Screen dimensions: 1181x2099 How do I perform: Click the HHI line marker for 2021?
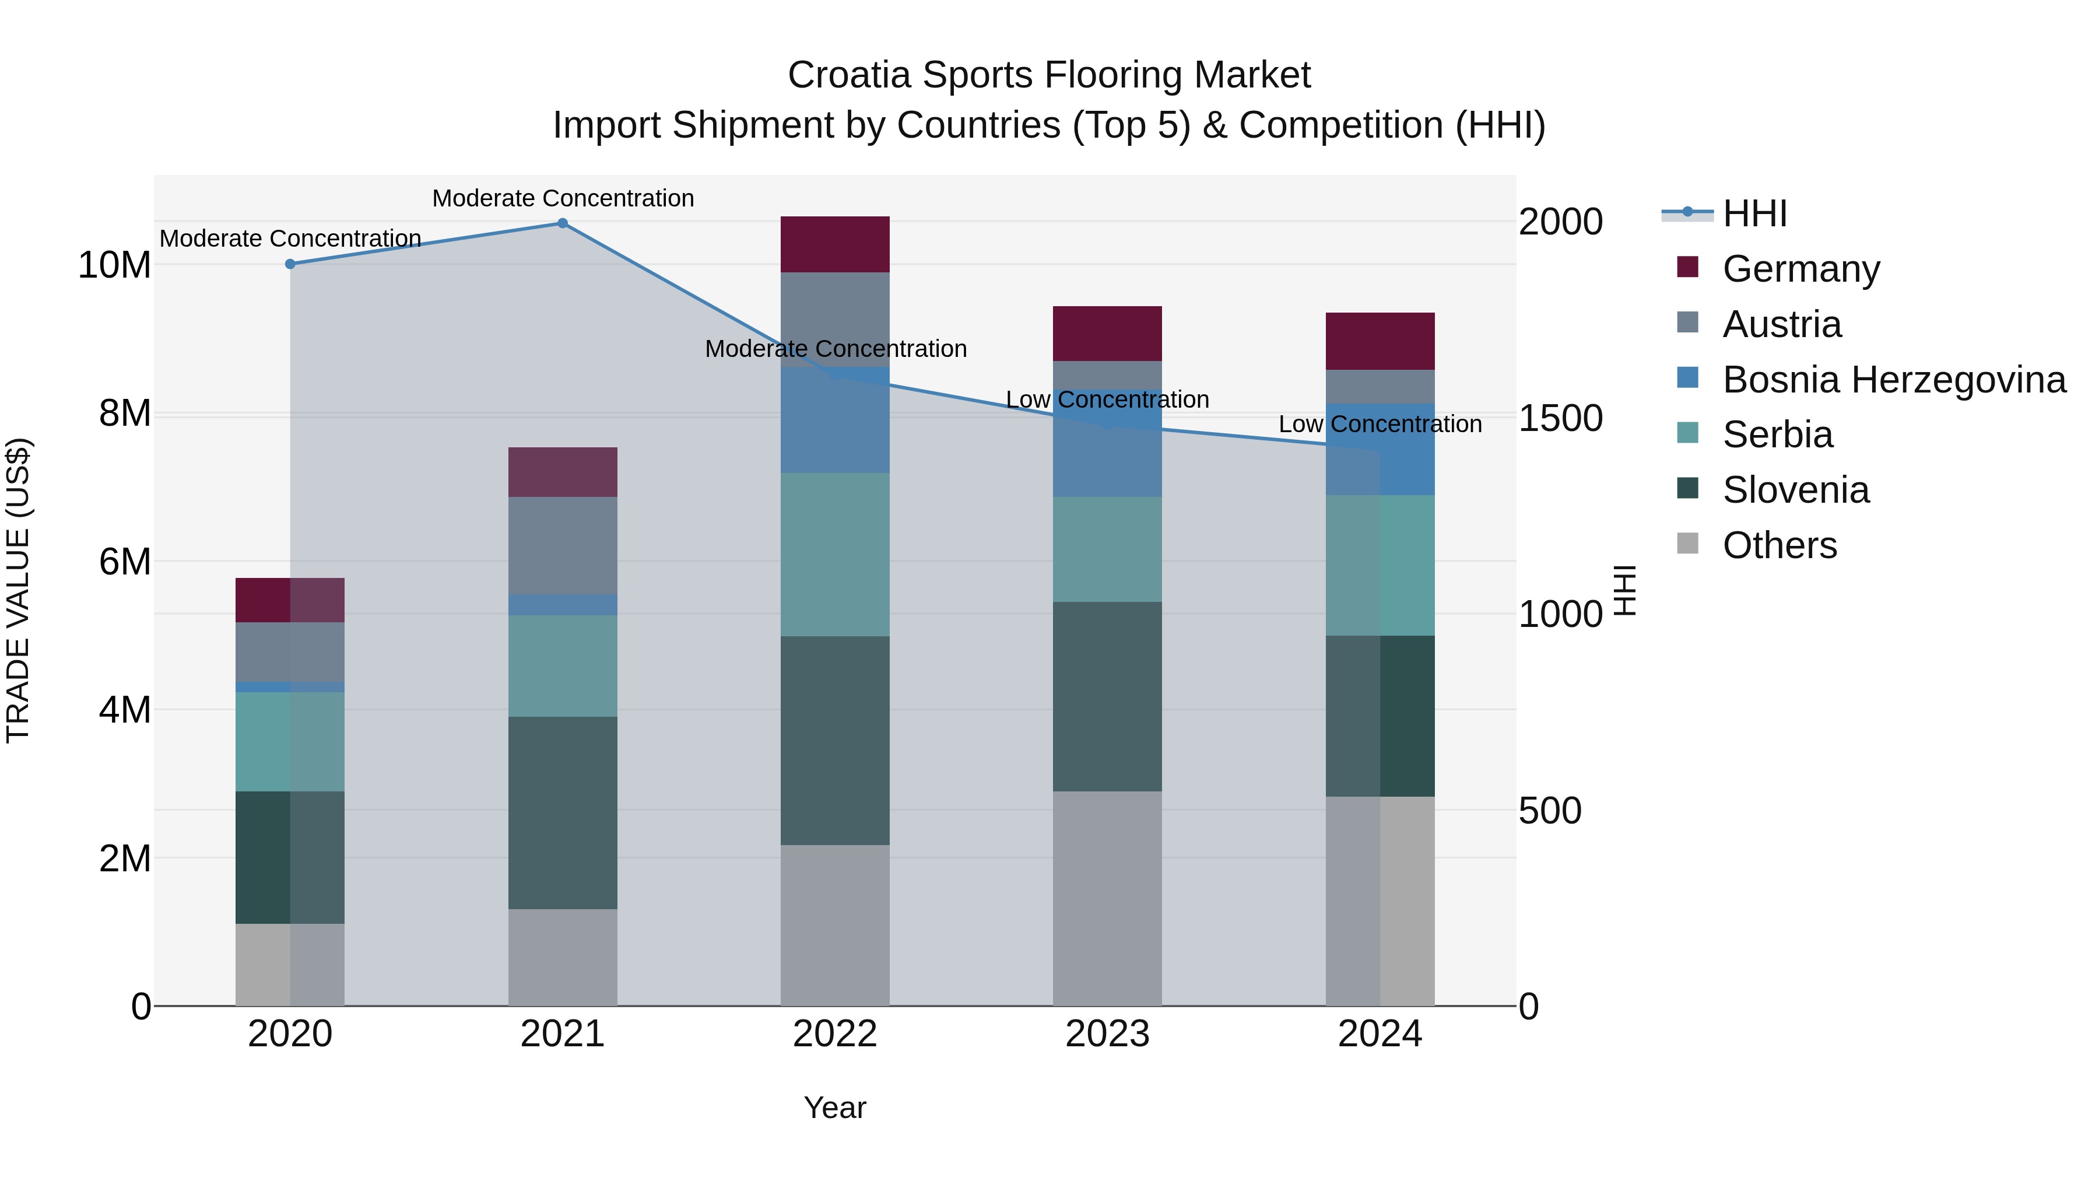coord(562,223)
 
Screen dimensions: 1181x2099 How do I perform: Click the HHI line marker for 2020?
coord(290,264)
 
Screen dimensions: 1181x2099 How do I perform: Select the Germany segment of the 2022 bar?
coord(834,244)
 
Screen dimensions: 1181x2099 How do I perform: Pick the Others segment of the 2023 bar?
coord(1107,898)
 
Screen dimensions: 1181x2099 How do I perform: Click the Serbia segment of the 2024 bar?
coord(1380,565)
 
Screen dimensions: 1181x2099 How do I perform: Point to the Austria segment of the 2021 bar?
coord(562,545)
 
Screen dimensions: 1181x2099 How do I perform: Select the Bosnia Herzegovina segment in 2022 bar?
coord(834,420)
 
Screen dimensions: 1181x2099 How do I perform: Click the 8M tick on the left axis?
coord(125,413)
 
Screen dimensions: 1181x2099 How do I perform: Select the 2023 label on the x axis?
coord(1107,1034)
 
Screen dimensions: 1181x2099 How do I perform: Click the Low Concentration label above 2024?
coord(1380,424)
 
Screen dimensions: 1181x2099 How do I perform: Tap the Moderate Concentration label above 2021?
coord(562,198)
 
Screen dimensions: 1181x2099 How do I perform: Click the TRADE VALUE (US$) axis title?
coord(18,590)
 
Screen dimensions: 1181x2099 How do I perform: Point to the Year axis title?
coord(834,1108)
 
